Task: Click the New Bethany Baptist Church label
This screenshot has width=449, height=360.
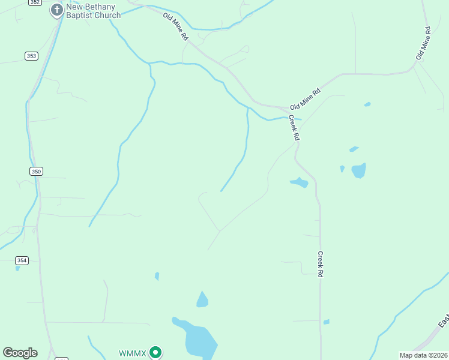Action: click(x=93, y=10)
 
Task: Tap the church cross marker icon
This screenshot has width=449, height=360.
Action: click(x=56, y=10)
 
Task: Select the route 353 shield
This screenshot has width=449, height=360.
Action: click(x=32, y=56)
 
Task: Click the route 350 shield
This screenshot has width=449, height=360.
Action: click(x=36, y=172)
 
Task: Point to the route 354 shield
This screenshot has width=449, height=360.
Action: click(x=22, y=260)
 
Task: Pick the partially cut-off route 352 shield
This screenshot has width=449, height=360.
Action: click(x=35, y=2)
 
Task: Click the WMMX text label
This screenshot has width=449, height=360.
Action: click(x=132, y=353)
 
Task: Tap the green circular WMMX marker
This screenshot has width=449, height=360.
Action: click(x=155, y=352)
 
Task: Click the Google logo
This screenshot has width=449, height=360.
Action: click(x=20, y=353)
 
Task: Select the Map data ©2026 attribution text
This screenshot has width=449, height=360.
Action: click(x=423, y=355)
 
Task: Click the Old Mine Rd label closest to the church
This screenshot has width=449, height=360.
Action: click(x=176, y=27)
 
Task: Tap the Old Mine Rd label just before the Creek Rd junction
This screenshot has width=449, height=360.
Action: click(x=305, y=98)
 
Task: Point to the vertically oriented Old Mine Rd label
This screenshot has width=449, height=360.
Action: click(x=424, y=43)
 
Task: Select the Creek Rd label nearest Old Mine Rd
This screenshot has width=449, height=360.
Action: click(x=294, y=127)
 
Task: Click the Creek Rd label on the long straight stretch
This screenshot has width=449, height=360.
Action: click(x=321, y=263)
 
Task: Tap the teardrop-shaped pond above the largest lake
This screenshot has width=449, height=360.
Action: click(x=202, y=299)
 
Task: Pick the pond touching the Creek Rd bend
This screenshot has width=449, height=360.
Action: click(x=299, y=182)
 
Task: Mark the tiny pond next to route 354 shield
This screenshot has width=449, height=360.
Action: click(x=17, y=268)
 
